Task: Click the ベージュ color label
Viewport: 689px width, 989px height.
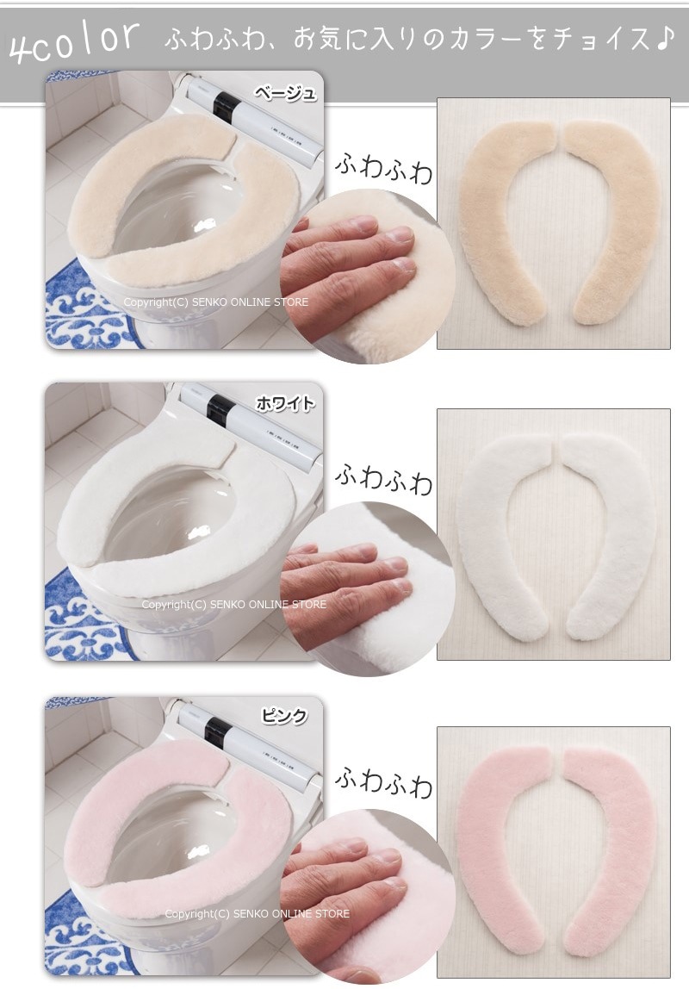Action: (286, 93)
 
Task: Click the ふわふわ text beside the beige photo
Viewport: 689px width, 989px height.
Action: (384, 166)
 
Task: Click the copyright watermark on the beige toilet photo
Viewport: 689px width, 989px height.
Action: (215, 302)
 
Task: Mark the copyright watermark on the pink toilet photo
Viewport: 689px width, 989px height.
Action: (257, 913)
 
